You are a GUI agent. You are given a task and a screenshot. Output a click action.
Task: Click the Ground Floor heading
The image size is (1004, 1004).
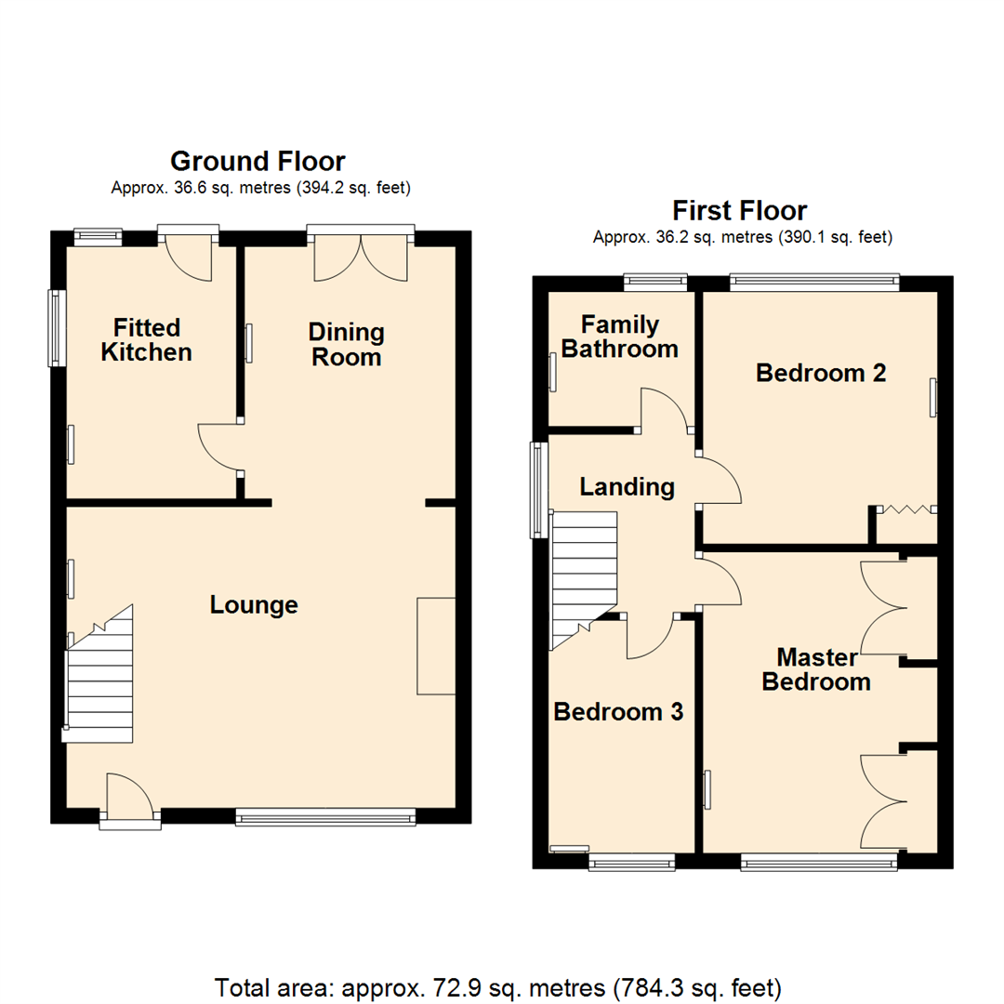click(258, 162)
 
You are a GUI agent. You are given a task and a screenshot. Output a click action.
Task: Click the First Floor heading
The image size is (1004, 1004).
click(740, 210)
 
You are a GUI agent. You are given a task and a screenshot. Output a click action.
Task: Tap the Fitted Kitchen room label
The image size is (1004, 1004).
click(146, 340)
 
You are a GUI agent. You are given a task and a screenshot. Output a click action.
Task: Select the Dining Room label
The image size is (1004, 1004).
click(346, 344)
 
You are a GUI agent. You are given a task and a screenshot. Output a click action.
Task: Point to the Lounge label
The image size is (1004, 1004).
click(254, 605)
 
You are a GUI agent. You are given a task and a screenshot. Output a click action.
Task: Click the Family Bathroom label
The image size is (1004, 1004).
click(620, 337)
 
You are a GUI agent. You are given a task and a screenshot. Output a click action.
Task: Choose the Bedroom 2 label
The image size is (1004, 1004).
click(820, 373)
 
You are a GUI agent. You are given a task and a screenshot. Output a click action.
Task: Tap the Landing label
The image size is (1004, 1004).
click(627, 486)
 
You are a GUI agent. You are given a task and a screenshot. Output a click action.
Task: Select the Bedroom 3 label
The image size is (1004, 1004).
click(618, 712)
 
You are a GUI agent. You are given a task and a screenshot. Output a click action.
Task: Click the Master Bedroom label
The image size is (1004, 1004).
click(816, 669)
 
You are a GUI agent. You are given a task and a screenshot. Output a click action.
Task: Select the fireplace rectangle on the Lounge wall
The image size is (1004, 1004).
click(436, 646)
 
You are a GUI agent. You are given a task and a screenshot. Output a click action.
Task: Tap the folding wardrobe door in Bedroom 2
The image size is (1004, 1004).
click(907, 509)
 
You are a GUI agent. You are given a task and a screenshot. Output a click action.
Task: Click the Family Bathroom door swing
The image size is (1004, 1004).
click(666, 409)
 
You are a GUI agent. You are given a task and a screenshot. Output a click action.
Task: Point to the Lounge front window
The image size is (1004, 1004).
click(324, 817)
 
